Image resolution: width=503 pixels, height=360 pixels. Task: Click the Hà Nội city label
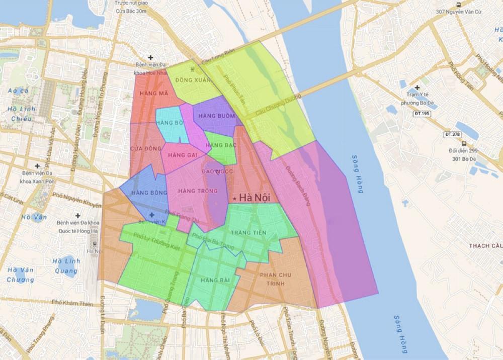coord(255,198)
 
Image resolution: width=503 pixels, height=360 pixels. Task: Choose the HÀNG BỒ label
coord(170,123)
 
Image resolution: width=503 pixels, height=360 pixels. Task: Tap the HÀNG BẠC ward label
coord(221,145)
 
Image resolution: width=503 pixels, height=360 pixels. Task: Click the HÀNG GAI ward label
coord(183,154)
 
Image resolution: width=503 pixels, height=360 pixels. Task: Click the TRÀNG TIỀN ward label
coord(247,232)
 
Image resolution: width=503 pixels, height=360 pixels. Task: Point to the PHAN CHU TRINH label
coord(276,280)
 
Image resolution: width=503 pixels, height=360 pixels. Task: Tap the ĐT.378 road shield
coord(453,134)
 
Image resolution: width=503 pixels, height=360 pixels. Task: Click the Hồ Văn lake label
coord(34,217)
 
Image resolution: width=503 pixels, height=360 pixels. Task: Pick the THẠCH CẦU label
coord(485,245)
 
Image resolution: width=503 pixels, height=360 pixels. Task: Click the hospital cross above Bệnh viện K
coord(152,215)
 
